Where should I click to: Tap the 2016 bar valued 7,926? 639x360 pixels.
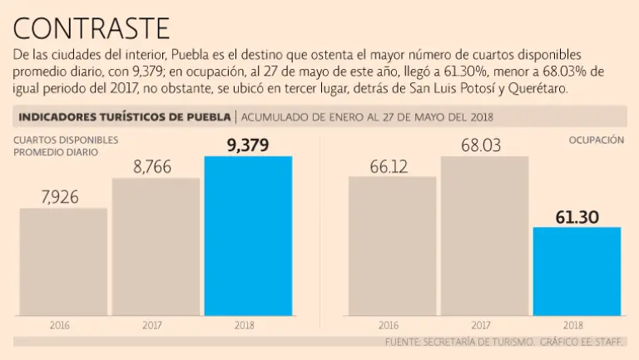point(63,261)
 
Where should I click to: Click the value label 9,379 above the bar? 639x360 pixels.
point(248,145)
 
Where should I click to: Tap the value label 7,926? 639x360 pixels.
point(63,197)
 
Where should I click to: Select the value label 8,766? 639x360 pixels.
point(156,167)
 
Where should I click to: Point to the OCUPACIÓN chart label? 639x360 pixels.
point(596,141)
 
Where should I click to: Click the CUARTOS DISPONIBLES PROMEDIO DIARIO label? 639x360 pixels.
point(66,146)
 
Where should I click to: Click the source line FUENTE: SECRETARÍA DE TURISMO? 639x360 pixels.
point(458,342)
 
